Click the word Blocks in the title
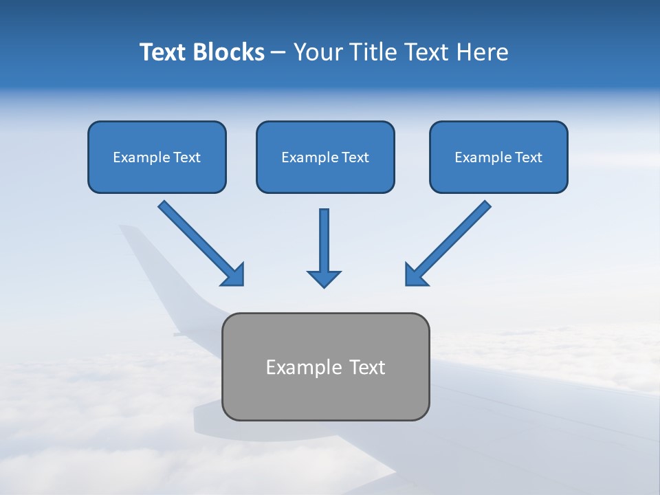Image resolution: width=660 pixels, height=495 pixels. (230, 52)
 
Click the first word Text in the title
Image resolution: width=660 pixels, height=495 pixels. (164, 52)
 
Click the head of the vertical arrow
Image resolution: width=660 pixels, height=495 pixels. (324, 278)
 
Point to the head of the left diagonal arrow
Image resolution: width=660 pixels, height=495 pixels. (234, 275)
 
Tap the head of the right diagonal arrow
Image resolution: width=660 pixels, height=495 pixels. (415, 275)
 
